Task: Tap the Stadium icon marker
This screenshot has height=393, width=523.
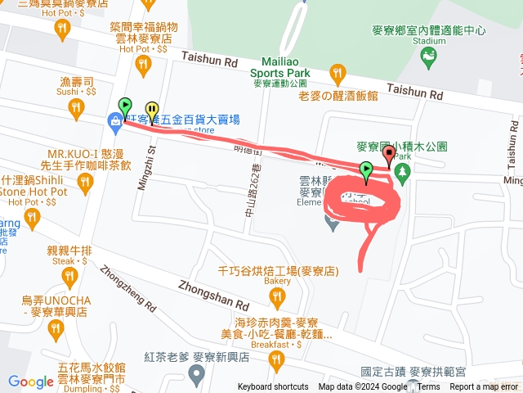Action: click(427, 56)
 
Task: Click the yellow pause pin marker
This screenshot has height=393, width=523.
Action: click(152, 111)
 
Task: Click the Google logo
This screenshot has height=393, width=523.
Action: click(31, 382)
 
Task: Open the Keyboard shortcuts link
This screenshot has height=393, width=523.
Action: click(273, 387)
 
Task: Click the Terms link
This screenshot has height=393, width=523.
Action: click(428, 387)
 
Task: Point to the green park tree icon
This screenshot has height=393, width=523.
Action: click(401, 172)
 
